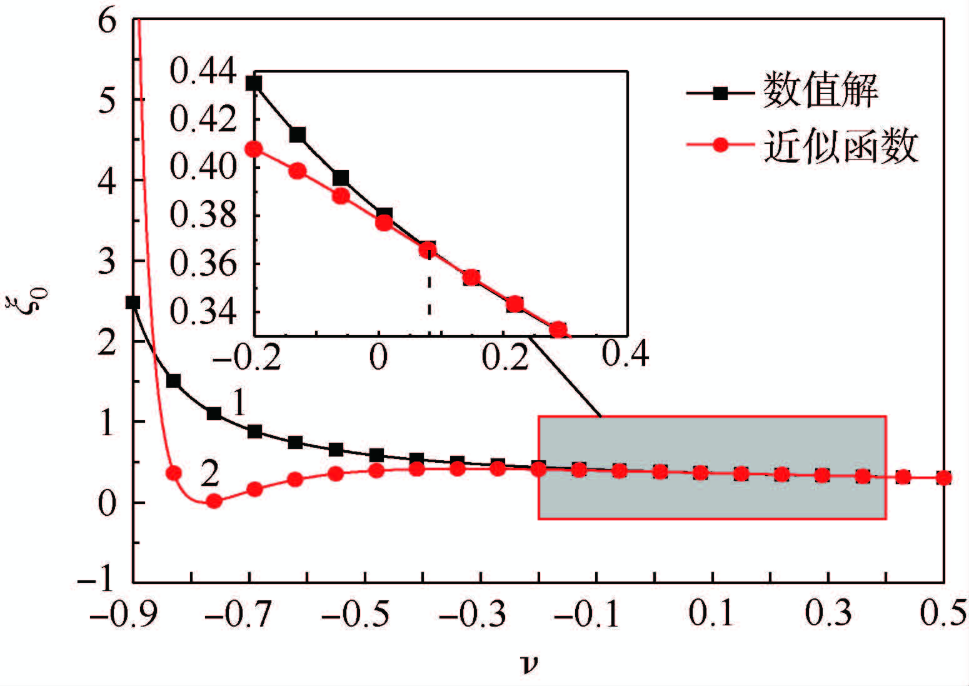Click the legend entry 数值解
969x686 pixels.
pyautogui.click(x=820, y=91)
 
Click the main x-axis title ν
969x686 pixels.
pyautogui.click(x=529, y=664)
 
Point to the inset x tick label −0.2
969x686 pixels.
pyautogui.click(x=248, y=357)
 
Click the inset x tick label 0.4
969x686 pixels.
pyautogui.click(x=626, y=354)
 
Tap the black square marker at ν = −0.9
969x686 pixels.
pyautogui.click(x=133, y=302)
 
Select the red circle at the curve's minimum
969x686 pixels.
pyautogui.click(x=214, y=500)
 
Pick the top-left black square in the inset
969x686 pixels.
pyautogui.click(x=254, y=83)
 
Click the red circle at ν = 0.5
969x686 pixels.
pyautogui.click(x=944, y=478)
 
